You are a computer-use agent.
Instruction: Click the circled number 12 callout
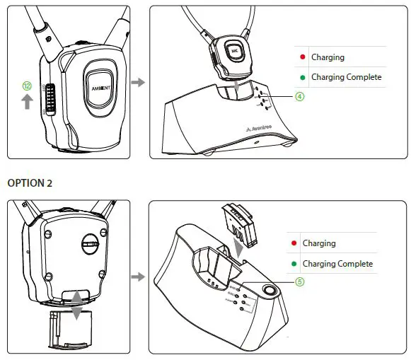27,86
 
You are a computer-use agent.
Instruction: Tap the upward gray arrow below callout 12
27,103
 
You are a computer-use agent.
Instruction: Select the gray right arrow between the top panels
139,83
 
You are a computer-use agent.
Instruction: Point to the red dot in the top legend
302,57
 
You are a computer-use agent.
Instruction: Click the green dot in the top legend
302,76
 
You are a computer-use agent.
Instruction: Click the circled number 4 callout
300,97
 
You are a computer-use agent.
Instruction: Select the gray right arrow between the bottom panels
139,277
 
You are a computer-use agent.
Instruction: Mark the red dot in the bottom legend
293,243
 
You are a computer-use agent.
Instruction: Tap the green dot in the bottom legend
293,264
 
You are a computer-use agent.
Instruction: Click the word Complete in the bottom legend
354,264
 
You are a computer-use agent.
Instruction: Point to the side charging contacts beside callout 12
50,96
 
